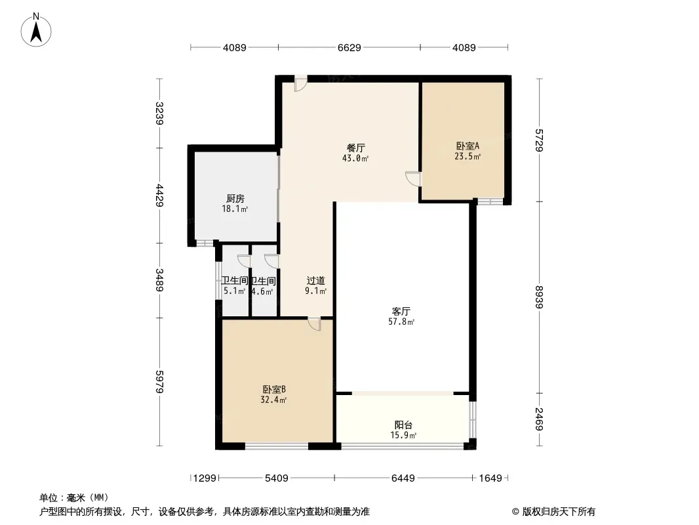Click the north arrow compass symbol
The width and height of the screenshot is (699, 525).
click(x=36, y=30)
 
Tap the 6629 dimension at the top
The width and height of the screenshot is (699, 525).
click(x=349, y=47)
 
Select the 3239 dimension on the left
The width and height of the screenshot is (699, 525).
click(x=159, y=114)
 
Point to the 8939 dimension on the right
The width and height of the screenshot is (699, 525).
click(x=539, y=297)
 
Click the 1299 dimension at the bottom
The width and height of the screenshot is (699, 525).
click(x=205, y=478)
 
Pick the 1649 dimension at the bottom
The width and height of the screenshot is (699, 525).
click(x=490, y=478)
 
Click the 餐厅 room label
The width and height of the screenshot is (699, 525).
click(x=356, y=148)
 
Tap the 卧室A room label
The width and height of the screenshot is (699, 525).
click(x=467, y=146)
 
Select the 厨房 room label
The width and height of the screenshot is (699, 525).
click(x=235, y=198)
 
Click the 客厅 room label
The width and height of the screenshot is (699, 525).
click(x=401, y=311)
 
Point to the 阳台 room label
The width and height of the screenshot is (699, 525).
click(x=403, y=425)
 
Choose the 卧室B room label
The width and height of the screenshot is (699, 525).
click(x=273, y=389)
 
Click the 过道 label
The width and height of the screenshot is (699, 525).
click(x=315, y=281)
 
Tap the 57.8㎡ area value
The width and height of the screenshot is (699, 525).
click(x=401, y=322)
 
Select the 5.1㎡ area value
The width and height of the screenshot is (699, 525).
click(x=235, y=291)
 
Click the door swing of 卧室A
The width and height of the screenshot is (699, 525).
click(x=413, y=178)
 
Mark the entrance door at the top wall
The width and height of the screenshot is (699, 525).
click(x=301, y=83)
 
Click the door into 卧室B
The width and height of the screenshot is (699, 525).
click(x=314, y=324)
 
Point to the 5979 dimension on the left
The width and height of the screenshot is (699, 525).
click(x=159, y=382)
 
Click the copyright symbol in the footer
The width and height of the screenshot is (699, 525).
click(x=515, y=512)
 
